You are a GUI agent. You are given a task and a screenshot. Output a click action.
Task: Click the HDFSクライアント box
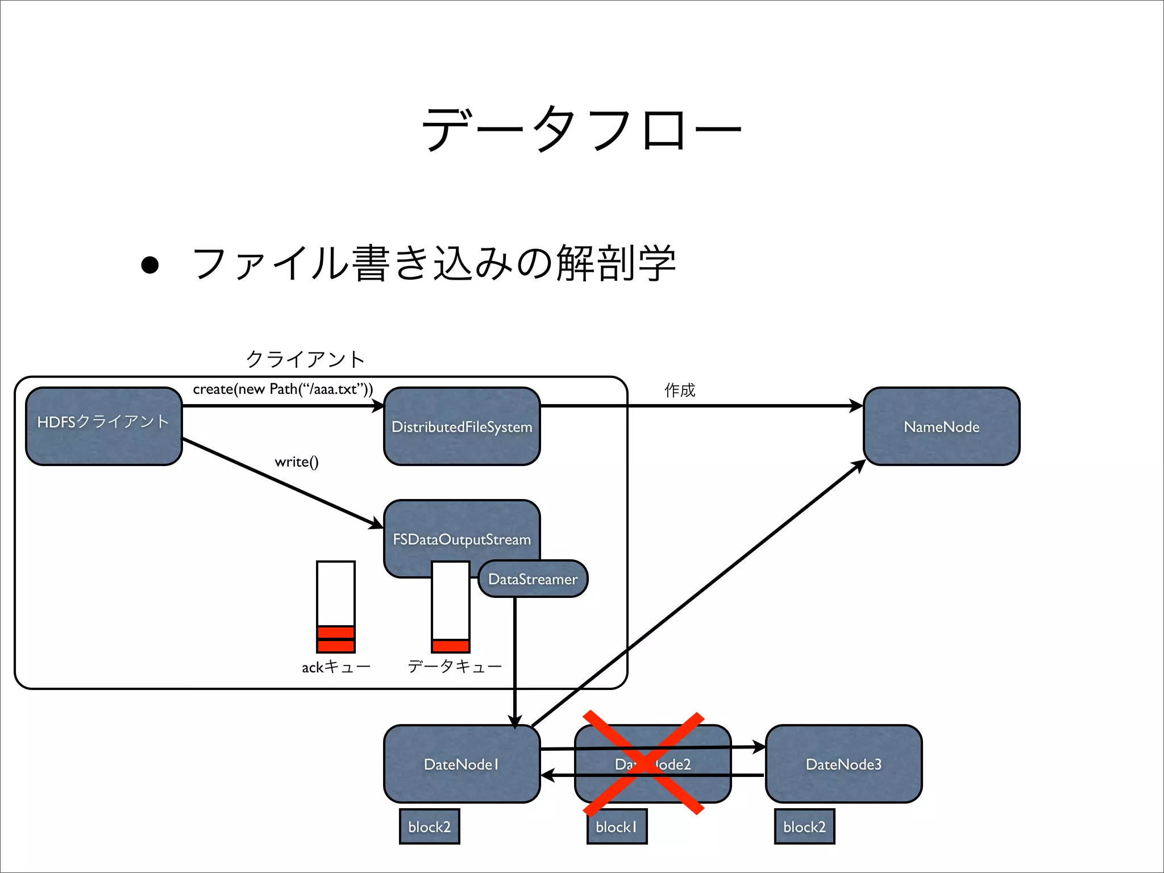coord(103,426)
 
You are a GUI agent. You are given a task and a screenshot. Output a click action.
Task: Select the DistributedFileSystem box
coord(462,426)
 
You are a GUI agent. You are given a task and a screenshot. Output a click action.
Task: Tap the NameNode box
coord(941,426)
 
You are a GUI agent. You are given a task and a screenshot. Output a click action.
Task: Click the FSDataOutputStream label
coord(462,539)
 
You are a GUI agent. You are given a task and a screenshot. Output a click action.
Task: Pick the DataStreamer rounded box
coord(533,579)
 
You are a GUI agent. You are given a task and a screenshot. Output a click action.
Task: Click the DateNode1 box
coord(462,764)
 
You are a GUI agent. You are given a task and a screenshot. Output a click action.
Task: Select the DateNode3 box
coord(843,764)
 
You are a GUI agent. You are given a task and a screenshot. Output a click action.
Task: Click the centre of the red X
coord(643,763)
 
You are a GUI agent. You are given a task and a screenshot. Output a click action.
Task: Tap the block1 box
coord(617,826)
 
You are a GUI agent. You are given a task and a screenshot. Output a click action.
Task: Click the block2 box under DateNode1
coord(429,826)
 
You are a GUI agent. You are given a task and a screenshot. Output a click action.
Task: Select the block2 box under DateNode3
coord(804,826)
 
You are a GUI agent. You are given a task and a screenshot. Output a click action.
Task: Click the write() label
coord(296,462)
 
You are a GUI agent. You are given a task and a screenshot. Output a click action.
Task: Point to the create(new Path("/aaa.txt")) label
coord(283,389)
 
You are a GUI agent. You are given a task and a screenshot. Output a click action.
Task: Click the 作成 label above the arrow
coord(680,390)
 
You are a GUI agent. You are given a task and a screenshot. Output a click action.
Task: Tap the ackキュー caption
coord(336,667)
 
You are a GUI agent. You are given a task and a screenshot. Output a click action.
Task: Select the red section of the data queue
coord(451,646)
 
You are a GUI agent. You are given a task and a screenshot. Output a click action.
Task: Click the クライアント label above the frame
coord(305,359)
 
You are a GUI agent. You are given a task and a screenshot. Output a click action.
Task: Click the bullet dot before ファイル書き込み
coord(150,265)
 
